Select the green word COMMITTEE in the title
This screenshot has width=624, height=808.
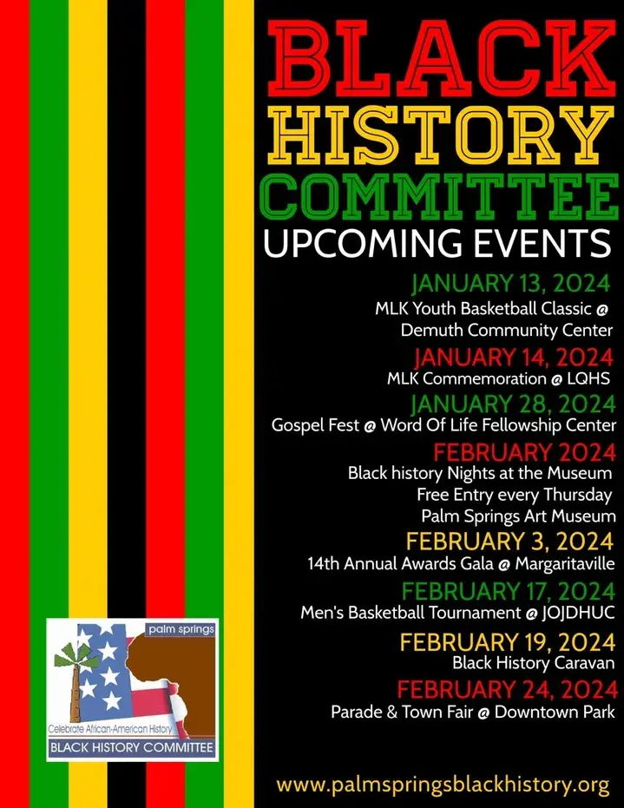coord(439,197)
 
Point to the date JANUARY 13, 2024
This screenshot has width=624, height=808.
coord(510,284)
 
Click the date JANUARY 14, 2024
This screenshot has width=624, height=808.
coord(514,357)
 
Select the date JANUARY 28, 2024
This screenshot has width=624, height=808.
coord(513,404)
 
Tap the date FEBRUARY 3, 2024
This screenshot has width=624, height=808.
coord(509,542)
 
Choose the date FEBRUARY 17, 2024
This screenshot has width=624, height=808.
coord(509,591)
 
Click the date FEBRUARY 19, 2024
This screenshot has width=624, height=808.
coord(508,642)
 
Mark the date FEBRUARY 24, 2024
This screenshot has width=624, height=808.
coord(507,689)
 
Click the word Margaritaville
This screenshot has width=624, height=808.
coord(565,564)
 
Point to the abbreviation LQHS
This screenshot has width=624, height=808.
coord(588,378)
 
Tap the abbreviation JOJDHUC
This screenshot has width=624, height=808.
coord(578,613)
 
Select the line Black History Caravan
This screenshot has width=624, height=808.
coord(534,663)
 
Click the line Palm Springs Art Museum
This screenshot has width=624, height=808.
coord(518,516)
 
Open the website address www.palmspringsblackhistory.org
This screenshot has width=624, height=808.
coord(443,785)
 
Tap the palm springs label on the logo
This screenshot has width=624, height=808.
coord(181,629)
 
